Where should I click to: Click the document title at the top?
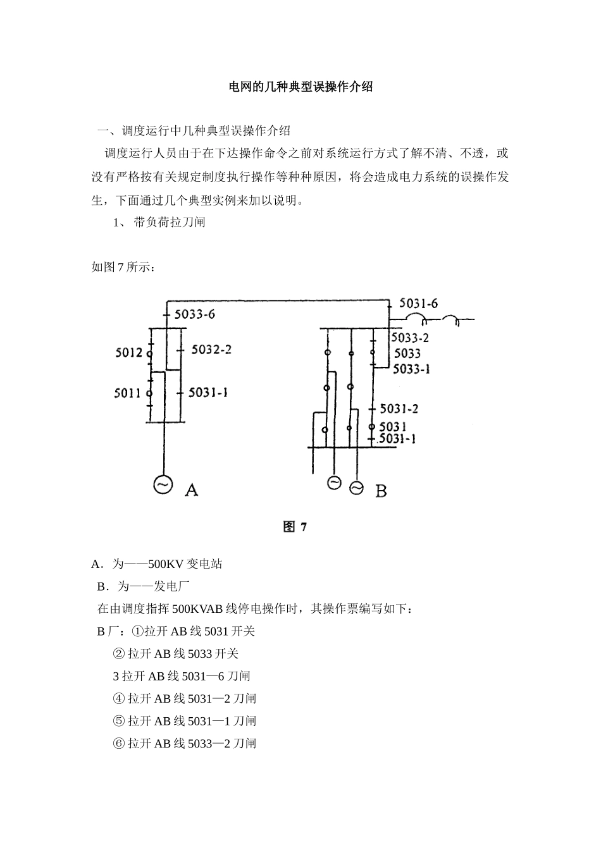point(300,87)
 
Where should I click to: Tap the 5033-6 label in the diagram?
point(194,314)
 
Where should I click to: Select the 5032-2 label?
point(211,349)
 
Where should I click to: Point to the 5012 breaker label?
point(129,353)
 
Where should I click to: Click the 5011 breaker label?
point(127,393)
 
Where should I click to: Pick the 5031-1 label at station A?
point(208,393)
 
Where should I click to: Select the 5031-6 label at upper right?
point(418,304)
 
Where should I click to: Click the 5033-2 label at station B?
point(410,338)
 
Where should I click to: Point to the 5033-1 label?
point(411,369)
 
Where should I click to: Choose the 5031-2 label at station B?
point(399,409)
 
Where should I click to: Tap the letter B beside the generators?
point(381,490)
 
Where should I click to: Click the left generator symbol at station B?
point(334,483)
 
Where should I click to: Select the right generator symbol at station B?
point(357,488)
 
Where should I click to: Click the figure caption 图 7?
point(295,526)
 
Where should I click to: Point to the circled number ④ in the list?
point(118,699)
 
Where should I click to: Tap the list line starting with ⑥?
point(184,743)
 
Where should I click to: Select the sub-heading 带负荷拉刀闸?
point(169,222)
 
